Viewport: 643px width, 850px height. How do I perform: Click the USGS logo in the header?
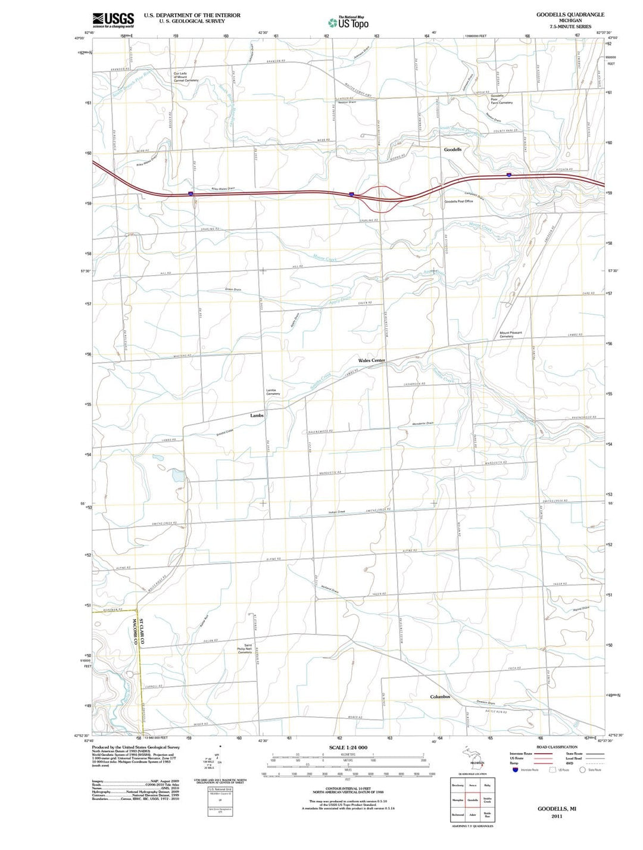tap(114, 20)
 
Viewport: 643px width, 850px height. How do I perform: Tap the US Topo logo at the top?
tap(348, 22)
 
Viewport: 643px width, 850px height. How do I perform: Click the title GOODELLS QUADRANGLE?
tap(561, 14)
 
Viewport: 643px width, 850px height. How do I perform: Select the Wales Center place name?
tap(372, 360)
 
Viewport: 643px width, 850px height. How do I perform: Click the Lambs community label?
tap(257, 415)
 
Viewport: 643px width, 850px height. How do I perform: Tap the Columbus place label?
tap(440, 696)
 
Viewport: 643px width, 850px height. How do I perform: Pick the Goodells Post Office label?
tap(458, 201)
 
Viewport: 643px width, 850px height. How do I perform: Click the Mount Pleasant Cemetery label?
tap(510, 335)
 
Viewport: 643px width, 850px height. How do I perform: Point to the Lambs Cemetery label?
tap(273, 392)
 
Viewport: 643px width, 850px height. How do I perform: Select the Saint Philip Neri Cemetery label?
tap(245, 649)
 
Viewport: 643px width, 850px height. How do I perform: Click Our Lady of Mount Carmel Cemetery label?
tap(186, 77)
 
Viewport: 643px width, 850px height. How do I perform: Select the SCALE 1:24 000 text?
tap(348, 748)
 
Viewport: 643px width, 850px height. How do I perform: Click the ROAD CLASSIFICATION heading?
tap(557, 747)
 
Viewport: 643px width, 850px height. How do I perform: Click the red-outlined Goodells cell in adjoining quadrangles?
tap(473, 800)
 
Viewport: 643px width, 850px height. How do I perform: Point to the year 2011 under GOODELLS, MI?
tap(557, 816)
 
